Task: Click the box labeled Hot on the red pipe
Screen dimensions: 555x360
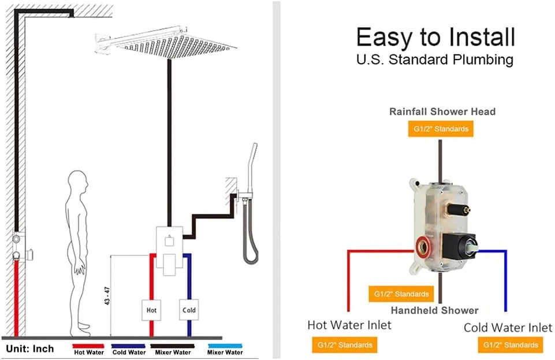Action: point(151,310)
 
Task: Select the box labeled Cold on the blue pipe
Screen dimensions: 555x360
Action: point(189,310)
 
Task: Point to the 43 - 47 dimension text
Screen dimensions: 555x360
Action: point(107,296)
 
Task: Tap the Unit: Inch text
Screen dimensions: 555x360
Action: point(30,348)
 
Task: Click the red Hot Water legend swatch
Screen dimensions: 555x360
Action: point(88,346)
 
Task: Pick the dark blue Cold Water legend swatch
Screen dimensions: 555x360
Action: point(128,346)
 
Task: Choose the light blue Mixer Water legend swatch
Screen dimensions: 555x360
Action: point(225,346)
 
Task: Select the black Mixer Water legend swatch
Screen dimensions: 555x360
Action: point(172,346)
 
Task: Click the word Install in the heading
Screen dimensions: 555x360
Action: point(482,37)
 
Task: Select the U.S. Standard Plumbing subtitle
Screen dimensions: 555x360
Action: point(435,59)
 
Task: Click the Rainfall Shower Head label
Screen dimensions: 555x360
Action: point(442,112)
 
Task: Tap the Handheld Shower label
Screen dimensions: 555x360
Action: point(435,310)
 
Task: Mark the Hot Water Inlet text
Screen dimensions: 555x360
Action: point(349,325)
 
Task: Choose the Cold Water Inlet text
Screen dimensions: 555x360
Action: point(508,328)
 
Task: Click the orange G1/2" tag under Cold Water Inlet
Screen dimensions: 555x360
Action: point(511,345)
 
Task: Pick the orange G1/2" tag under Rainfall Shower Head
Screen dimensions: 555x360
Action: point(441,129)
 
